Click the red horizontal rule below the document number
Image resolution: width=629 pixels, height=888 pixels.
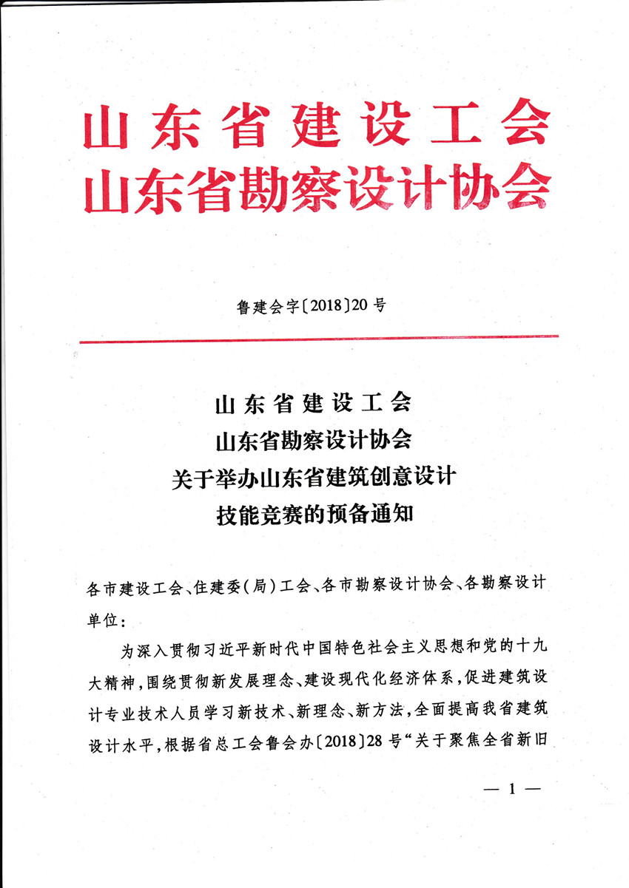point(318,339)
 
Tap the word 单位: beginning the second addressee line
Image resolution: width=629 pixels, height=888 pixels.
point(106,617)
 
